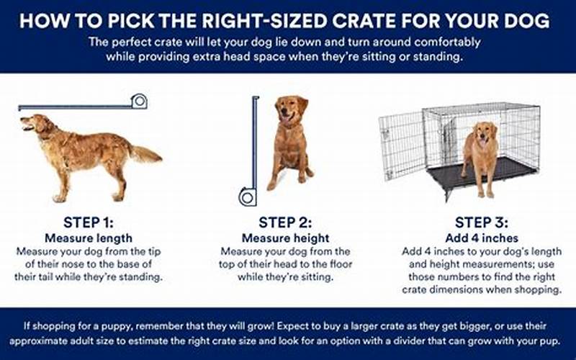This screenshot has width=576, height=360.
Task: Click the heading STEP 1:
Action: click(89, 222)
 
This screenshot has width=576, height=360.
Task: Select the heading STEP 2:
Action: click(285, 222)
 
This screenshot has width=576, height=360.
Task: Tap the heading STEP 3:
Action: click(482, 222)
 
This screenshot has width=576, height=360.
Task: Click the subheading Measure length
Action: click(89, 238)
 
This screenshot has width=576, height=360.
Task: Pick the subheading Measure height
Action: click(285, 238)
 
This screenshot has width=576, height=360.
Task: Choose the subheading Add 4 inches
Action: click(482, 238)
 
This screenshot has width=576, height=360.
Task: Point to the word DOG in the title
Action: click(526, 21)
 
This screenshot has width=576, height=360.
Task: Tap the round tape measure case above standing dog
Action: click(139, 101)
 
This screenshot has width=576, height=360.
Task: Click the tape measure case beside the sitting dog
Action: click(248, 197)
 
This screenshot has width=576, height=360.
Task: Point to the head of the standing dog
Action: click(35, 123)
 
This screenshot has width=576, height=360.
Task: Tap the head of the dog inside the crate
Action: click(483, 132)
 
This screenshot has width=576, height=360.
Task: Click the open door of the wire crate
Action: click(402, 146)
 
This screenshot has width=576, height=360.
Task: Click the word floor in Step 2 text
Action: click(341, 264)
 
